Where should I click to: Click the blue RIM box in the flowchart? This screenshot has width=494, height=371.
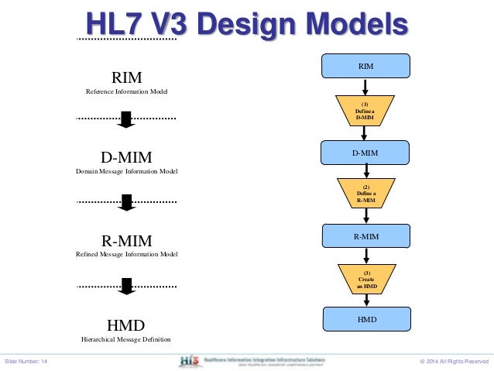[x=365, y=67]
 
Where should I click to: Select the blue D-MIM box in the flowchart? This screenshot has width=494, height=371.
[x=365, y=153]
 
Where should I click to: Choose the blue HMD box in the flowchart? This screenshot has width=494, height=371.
[x=365, y=318]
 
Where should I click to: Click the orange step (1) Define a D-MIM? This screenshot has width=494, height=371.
[x=365, y=110]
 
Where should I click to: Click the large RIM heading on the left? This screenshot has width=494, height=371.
[x=127, y=77]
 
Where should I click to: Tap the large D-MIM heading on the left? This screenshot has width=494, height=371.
[x=127, y=157]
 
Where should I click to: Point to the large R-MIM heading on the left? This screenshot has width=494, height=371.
[x=127, y=240]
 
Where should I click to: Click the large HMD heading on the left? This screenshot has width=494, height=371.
[x=127, y=324]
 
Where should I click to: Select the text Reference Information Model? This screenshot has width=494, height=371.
[x=127, y=92]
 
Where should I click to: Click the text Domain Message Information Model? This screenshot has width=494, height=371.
[x=127, y=171]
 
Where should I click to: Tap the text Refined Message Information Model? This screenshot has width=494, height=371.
[x=127, y=254]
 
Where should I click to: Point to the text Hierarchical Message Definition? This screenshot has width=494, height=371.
[x=127, y=339]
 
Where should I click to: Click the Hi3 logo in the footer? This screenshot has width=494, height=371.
[x=187, y=360]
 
